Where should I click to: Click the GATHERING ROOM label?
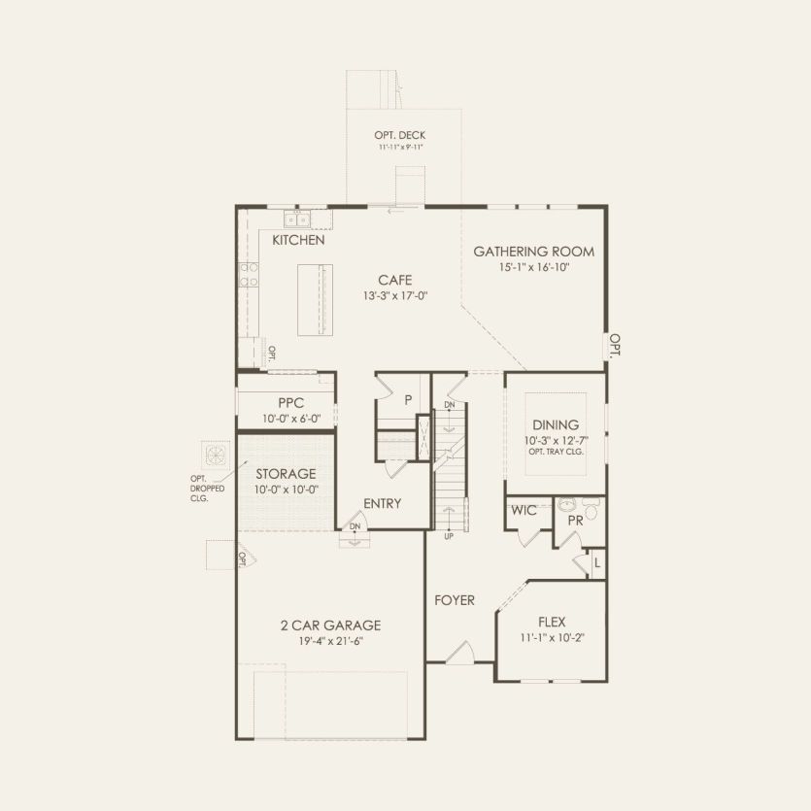pyautogui.click(x=533, y=252)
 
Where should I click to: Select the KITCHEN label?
pyautogui.click(x=298, y=240)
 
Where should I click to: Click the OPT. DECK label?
pyautogui.click(x=400, y=135)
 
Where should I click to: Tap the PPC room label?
pyautogui.click(x=291, y=402)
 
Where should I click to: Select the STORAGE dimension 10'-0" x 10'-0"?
pyautogui.click(x=286, y=490)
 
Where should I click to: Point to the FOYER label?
pyautogui.click(x=455, y=600)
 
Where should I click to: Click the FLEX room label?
pyautogui.click(x=551, y=622)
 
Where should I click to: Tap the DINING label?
pyautogui.click(x=556, y=424)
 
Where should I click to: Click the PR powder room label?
pyautogui.click(x=574, y=521)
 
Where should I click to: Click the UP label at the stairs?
pyautogui.click(x=448, y=535)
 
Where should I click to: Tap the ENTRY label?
pyautogui.click(x=382, y=503)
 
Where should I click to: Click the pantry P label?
pyautogui.click(x=408, y=398)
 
